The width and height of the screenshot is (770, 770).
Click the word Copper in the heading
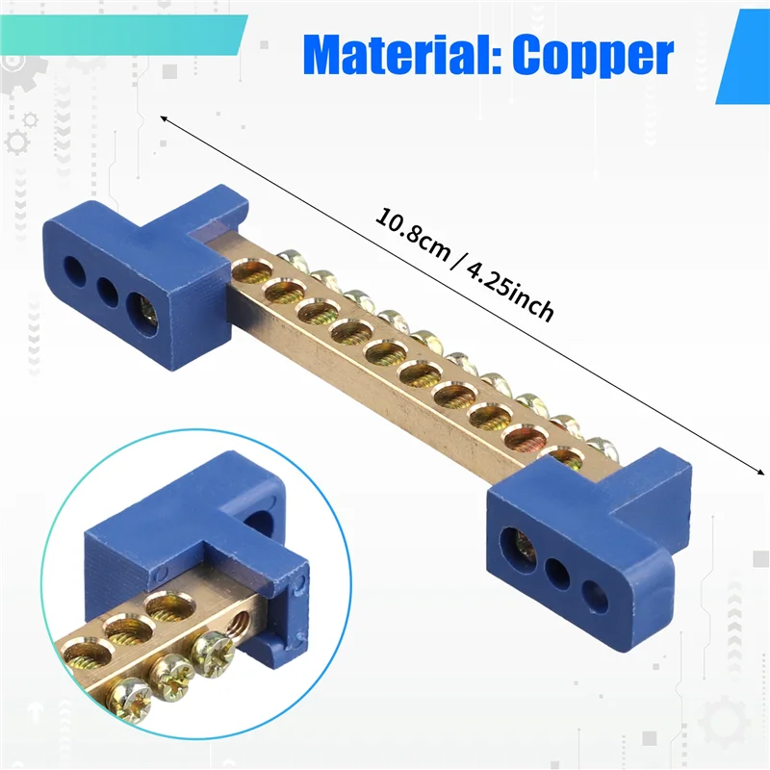tap(592, 56)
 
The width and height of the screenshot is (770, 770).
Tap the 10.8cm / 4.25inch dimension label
tap(465, 267)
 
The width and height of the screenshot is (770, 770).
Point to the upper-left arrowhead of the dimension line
tap(165, 118)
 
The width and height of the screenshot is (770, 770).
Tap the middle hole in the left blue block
tap(106, 288)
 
